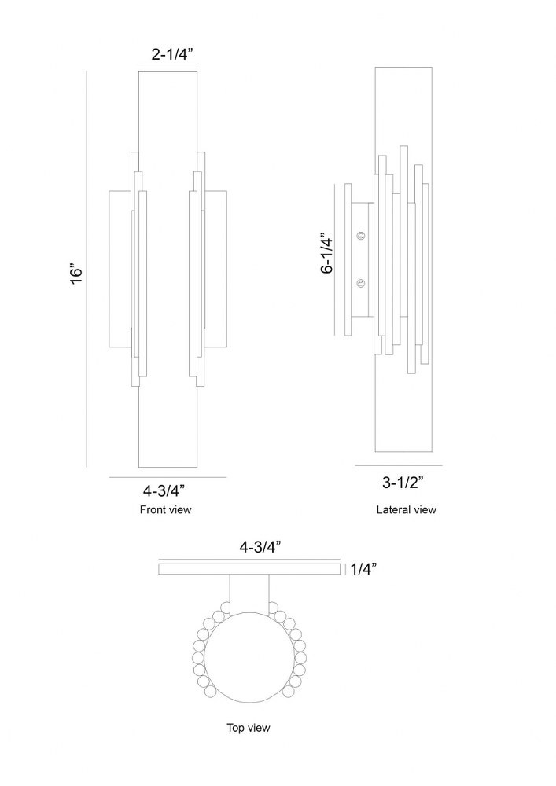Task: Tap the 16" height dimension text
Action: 75,274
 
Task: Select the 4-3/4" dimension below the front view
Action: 164,489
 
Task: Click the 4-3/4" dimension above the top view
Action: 260,547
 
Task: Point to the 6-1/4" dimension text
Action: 327,252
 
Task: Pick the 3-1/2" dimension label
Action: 403,483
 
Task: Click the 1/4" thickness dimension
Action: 363,569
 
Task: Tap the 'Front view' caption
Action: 165,510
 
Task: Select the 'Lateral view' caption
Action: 406,510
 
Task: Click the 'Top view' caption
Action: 249,727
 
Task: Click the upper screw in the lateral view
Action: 361,235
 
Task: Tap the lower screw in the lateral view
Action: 361,284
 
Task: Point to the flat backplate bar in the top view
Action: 249,569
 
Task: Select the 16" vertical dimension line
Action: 87,269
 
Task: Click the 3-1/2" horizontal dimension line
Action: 399,465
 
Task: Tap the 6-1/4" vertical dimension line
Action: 335,259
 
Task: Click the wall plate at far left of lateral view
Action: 348,259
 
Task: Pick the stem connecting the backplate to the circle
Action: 249,594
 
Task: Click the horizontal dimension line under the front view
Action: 168,477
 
